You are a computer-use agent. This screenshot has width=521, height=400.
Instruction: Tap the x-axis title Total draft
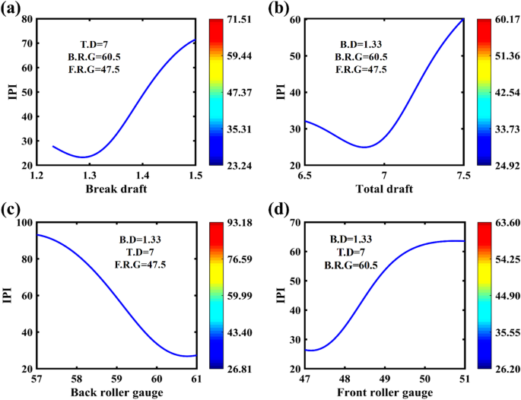coord(383,188)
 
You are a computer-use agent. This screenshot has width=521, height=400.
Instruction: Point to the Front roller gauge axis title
coord(384,392)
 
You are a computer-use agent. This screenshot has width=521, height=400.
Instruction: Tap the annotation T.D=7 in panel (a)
coord(97,43)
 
